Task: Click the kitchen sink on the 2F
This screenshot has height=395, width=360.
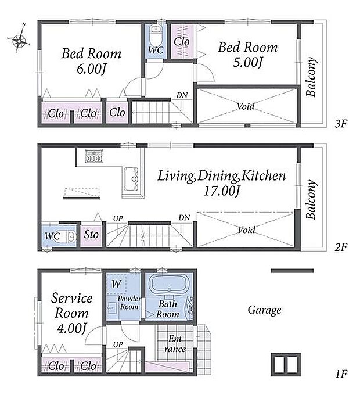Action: (132, 179)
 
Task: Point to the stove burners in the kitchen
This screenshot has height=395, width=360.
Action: (94, 156)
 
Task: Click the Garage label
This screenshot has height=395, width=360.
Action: (264, 310)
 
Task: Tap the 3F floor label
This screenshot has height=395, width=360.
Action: (341, 124)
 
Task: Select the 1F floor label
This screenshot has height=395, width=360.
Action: (341, 374)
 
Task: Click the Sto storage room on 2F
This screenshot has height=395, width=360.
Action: (91, 235)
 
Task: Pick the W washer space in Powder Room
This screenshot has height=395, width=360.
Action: (116, 283)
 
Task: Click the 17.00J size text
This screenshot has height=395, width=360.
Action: (222, 191)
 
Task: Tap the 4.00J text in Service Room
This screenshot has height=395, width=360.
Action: (72, 328)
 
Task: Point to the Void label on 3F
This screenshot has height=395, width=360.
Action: (246, 106)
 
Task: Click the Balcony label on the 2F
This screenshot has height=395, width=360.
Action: (311, 199)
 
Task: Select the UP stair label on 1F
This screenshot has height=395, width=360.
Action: (118, 344)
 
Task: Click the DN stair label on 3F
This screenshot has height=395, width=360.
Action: (182, 95)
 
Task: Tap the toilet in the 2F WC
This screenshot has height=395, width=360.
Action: (67, 237)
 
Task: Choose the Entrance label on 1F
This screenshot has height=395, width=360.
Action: (175, 344)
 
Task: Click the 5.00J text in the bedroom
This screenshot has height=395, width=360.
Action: (247, 62)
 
